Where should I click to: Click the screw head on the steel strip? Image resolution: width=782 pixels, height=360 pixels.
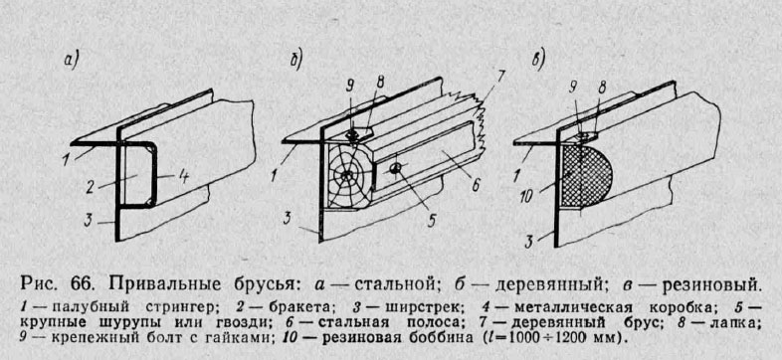pos(395,169)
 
